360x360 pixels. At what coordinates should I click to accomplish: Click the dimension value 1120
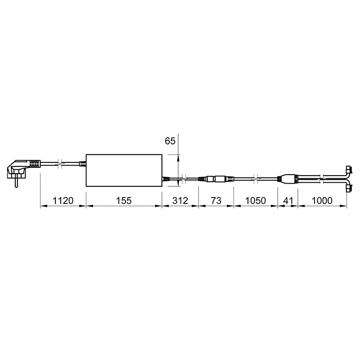click(63, 201)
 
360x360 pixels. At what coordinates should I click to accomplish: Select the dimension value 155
click(124, 201)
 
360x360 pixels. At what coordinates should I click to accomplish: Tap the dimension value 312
click(180, 201)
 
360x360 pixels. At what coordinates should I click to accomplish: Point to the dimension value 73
click(216, 201)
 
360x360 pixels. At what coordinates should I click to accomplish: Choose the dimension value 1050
click(256, 201)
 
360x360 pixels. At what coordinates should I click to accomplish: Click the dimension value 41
click(288, 201)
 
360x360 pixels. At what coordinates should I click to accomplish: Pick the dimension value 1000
click(322, 201)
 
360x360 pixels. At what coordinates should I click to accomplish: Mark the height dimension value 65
click(170, 141)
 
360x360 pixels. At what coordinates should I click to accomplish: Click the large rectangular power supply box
click(124, 170)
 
